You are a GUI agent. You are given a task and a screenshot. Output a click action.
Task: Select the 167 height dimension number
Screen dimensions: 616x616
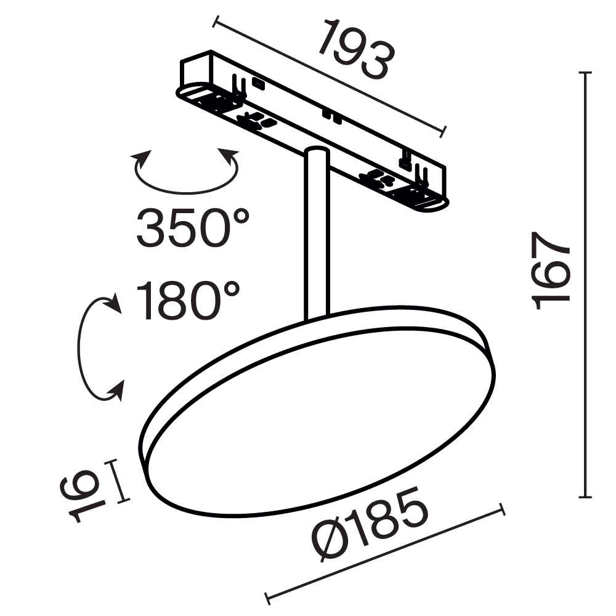point(551,270)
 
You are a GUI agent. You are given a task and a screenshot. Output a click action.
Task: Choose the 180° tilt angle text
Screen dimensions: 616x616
point(188,301)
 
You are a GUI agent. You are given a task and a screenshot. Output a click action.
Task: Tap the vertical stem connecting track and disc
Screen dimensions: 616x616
point(315,240)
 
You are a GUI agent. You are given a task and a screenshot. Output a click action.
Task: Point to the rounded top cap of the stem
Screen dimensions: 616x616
point(317,152)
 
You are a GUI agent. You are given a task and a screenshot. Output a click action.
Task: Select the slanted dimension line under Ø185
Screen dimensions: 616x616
point(385,553)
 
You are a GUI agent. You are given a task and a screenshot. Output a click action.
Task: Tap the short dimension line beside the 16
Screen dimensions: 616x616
point(121,482)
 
